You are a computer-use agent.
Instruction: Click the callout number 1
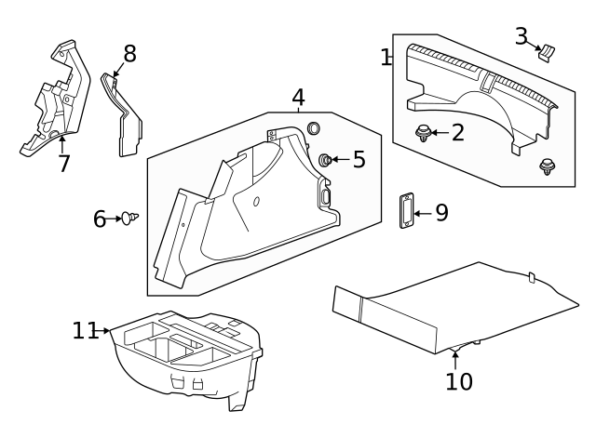click(x=386, y=58)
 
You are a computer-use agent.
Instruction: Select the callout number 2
click(x=457, y=133)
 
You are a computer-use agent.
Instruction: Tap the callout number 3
click(x=521, y=36)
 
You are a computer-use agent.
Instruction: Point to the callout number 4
click(x=298, y=98)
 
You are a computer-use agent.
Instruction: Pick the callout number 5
click(x=359, y=160)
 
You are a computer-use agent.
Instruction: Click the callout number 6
click(x=101, y=219)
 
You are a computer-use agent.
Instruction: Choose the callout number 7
click(x=63, y=164)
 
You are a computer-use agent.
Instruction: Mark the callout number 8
click(x=129, y=54)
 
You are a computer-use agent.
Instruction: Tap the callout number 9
click(x=441, y=213)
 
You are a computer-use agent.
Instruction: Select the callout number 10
click(x=459, y=381)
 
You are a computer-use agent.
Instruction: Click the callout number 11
click(x=86, y=330)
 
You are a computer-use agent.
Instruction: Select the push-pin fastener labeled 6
click(x=129, y=218)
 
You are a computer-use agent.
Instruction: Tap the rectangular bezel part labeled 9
click(x=407, y=211)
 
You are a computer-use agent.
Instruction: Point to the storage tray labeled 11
click(x=186, y=358)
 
